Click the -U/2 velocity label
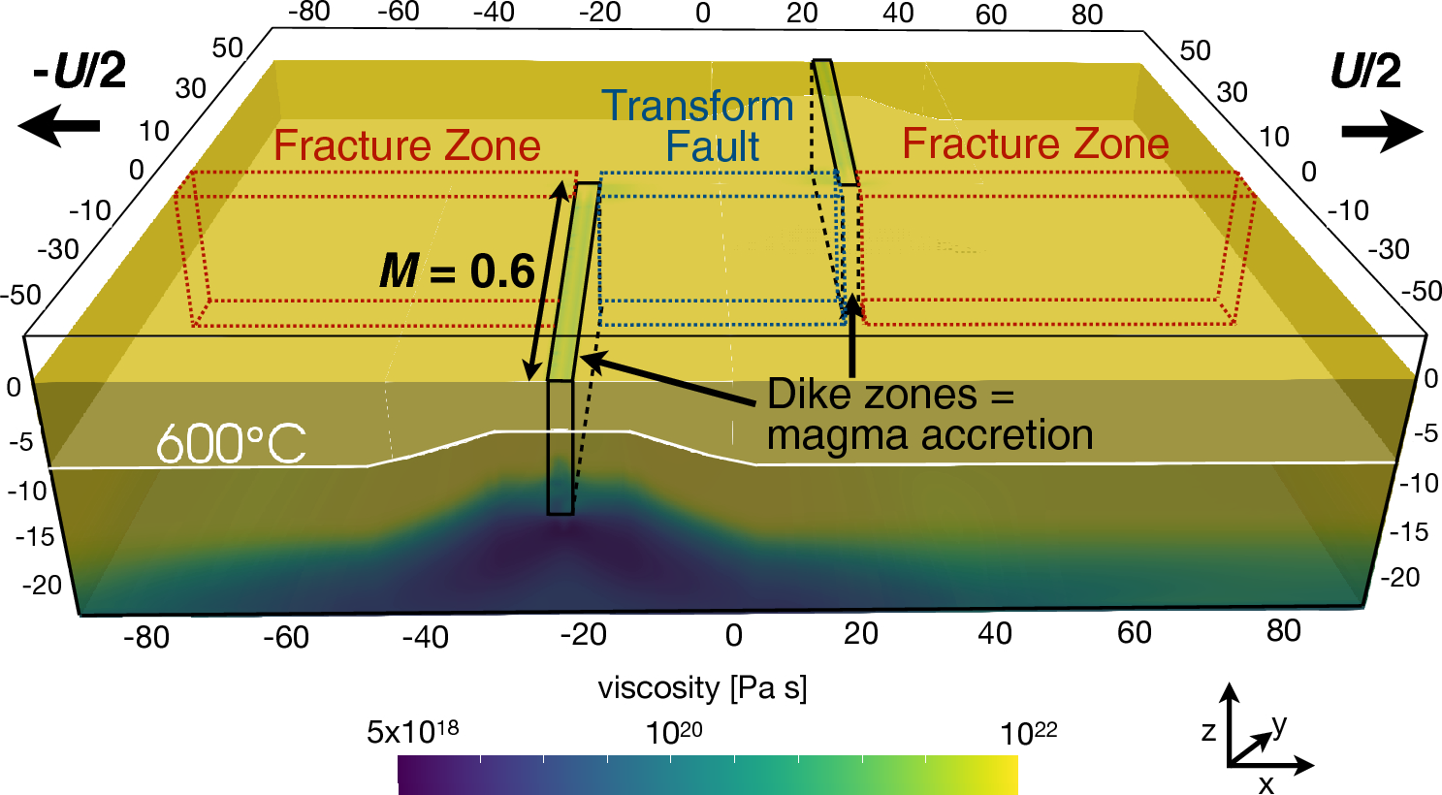click(x=80, y=72)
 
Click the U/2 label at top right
click(x=1365, y=72)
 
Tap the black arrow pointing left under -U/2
click(x=59, y=126)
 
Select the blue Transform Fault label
click(x=698, y=126)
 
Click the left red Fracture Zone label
click(x=406, y=146)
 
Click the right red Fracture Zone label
click(x=1035, y=144)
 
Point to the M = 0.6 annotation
click(x=457, y=271)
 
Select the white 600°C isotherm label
click(x=231, y=445)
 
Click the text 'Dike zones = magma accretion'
click(x=929, y=415)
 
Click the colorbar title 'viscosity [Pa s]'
click(x=702, y=688)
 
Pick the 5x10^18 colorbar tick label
click(x=412, y=732)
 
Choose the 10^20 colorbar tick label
click(x=674, y=732)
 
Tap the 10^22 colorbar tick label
click(x=1028, y=732)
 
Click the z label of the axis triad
click(x=1208, y=731)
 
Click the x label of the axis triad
click(x=1266, y=783)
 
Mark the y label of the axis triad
click(x=1279, y=724)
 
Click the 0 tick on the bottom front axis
click(x=734, y=636)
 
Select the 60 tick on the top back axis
click(x=991, y=15)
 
